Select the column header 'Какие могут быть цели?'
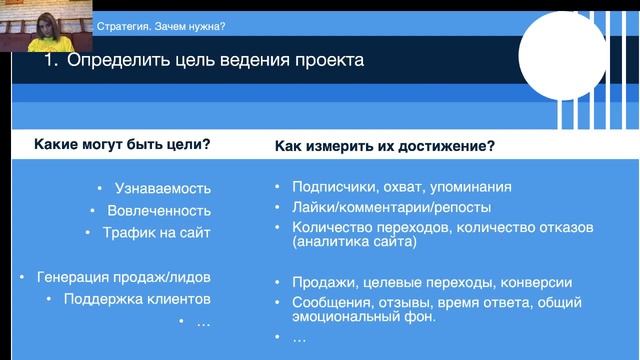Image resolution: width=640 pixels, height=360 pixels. click(x=122, y=144)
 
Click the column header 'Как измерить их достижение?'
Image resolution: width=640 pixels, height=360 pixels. click(x=385, y=146)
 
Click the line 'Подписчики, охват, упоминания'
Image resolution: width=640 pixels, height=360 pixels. click(x=402, y=186)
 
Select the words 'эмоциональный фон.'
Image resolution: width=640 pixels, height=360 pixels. click(x=364, y=317)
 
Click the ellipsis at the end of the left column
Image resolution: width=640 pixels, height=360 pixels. click(x=203, y=321)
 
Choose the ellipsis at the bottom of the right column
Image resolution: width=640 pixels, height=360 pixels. click(x=299, y=338)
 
